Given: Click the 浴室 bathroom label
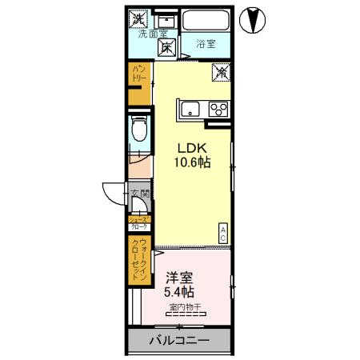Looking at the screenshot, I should tap(205, 44).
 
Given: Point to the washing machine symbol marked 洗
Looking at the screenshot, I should tap(139, 16).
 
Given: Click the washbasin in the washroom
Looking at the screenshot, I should tap(166, 18).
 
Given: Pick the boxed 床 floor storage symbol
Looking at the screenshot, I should tap(168, 47).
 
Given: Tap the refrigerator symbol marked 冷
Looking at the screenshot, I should tap(221, 73).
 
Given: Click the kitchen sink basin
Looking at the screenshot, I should tap(192, 108).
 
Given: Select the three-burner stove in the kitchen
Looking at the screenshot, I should tap(218, 109).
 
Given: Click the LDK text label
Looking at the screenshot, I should tap(192, 148).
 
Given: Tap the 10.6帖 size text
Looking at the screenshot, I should tap(193, 162).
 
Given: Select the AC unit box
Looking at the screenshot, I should tap(223, 233).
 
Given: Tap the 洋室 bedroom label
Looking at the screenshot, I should tap(179, 278).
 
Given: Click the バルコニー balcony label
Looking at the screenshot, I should tap(179, 341).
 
